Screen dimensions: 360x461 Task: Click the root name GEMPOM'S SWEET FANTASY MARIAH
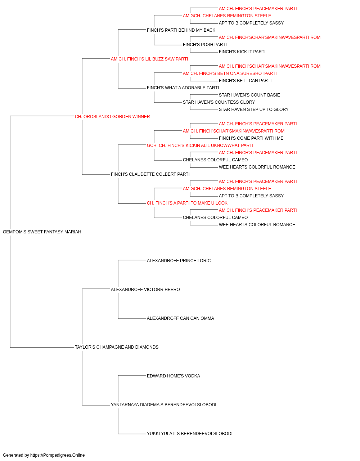(42, 232)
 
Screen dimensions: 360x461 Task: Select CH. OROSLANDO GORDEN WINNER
(112, 117)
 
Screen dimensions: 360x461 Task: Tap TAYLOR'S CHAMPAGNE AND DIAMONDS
(117, 347)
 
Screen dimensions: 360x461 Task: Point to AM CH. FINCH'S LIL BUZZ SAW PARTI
(149, 59)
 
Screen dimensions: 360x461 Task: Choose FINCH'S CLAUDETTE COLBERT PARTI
(150, 174)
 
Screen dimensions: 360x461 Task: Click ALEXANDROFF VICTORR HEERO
(145, 289)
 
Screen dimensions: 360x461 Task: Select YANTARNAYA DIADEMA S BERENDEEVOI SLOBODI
(163, 405)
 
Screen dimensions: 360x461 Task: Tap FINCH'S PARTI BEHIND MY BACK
(181, 30)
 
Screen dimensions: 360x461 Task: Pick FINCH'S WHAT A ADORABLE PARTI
(183, 88)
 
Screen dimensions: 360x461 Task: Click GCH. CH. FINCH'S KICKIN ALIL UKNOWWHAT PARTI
(200, 145)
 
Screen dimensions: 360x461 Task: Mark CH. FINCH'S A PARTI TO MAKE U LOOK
(187, 203)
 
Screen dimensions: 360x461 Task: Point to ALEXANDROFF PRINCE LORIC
(179, 260)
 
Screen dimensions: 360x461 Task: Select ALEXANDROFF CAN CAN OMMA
(180, 318)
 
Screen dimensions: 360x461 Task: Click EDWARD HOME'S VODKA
(174, 376)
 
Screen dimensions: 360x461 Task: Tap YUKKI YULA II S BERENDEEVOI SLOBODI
(190, 434)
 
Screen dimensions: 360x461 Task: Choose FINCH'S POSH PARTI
(205, 45)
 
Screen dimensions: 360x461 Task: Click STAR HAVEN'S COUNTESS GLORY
(219, 102)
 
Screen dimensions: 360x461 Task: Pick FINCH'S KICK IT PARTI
(242, 52)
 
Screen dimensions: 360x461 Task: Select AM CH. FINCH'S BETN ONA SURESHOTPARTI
(230, 73)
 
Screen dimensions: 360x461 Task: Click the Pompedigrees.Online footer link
(58, 455)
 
